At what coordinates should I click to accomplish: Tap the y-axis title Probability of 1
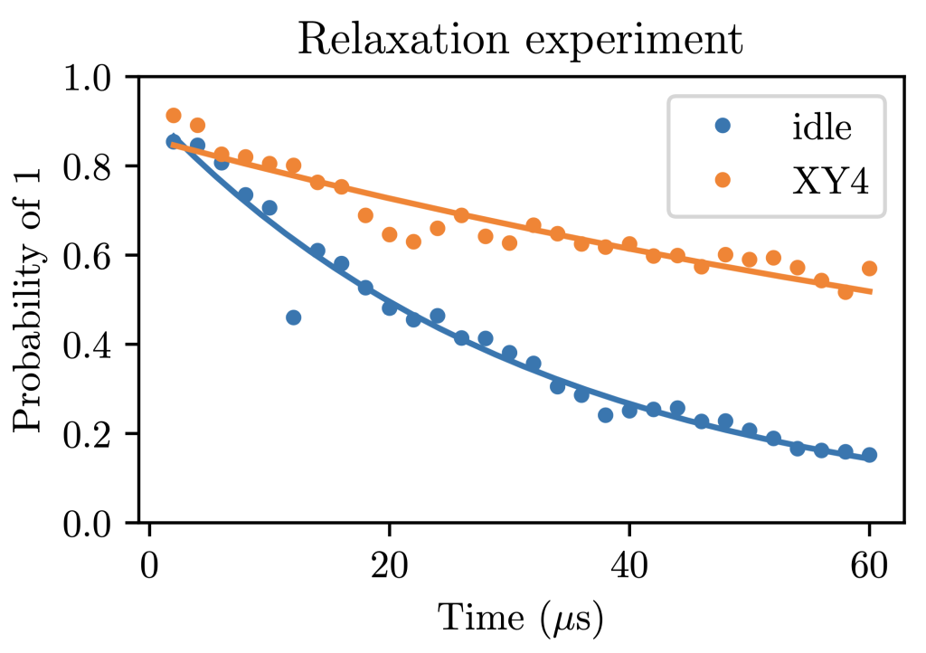(x=28, y=299)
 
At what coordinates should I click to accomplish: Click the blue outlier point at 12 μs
(x=293, y=317)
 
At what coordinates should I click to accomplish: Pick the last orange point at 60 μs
(x=869, y=269)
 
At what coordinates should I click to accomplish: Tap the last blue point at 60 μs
(x=869, y=455)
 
